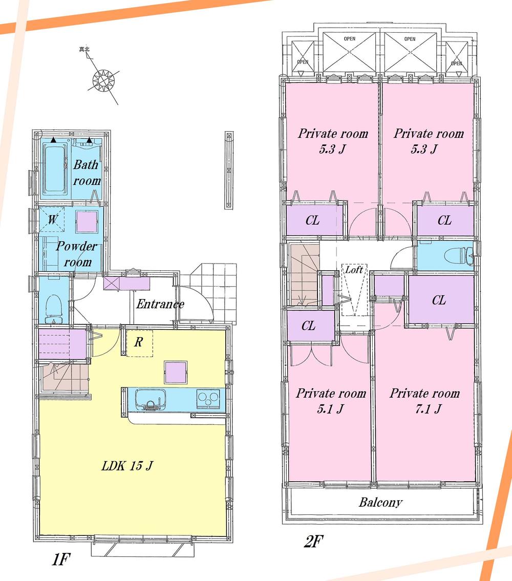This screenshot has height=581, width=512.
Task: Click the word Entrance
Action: [160, 304]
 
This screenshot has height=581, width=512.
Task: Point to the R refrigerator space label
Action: [138, 342]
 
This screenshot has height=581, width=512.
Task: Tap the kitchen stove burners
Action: [208, 398]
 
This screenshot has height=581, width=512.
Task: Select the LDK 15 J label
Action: [127, 466]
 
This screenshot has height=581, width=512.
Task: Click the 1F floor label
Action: [60, 560]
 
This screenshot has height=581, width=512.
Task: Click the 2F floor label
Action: [313, 541]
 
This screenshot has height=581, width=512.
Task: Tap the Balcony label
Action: [380, 502]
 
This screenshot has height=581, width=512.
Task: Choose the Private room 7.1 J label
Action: [424, 401]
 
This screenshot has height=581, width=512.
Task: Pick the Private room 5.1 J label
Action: [331, 401]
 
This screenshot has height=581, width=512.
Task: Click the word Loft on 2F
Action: [354, 269]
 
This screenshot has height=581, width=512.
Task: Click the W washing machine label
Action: [52, 220]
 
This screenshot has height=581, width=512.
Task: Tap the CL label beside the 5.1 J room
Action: [308, 327]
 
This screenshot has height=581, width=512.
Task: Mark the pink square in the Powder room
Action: [86, 221]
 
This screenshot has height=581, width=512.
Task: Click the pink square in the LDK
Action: [176, 371]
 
